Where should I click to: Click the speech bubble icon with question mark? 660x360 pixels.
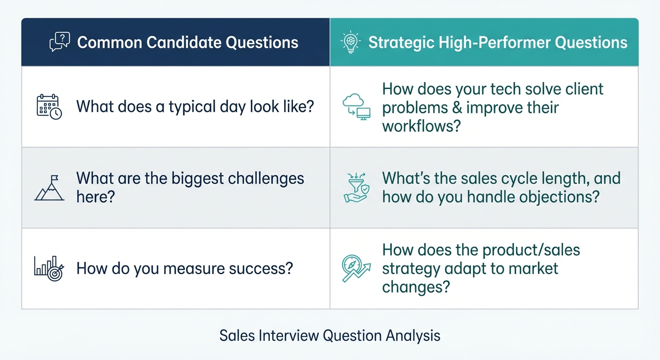(60, 42)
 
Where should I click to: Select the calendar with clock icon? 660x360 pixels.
(49, 106)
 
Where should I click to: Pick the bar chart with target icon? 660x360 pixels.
(49, 268)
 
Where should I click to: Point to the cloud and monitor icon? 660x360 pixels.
(356, 107)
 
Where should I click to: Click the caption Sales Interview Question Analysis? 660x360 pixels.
(330, 336)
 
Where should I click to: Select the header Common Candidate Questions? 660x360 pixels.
(187, 42)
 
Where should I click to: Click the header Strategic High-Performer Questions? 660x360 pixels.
(497, 42)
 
